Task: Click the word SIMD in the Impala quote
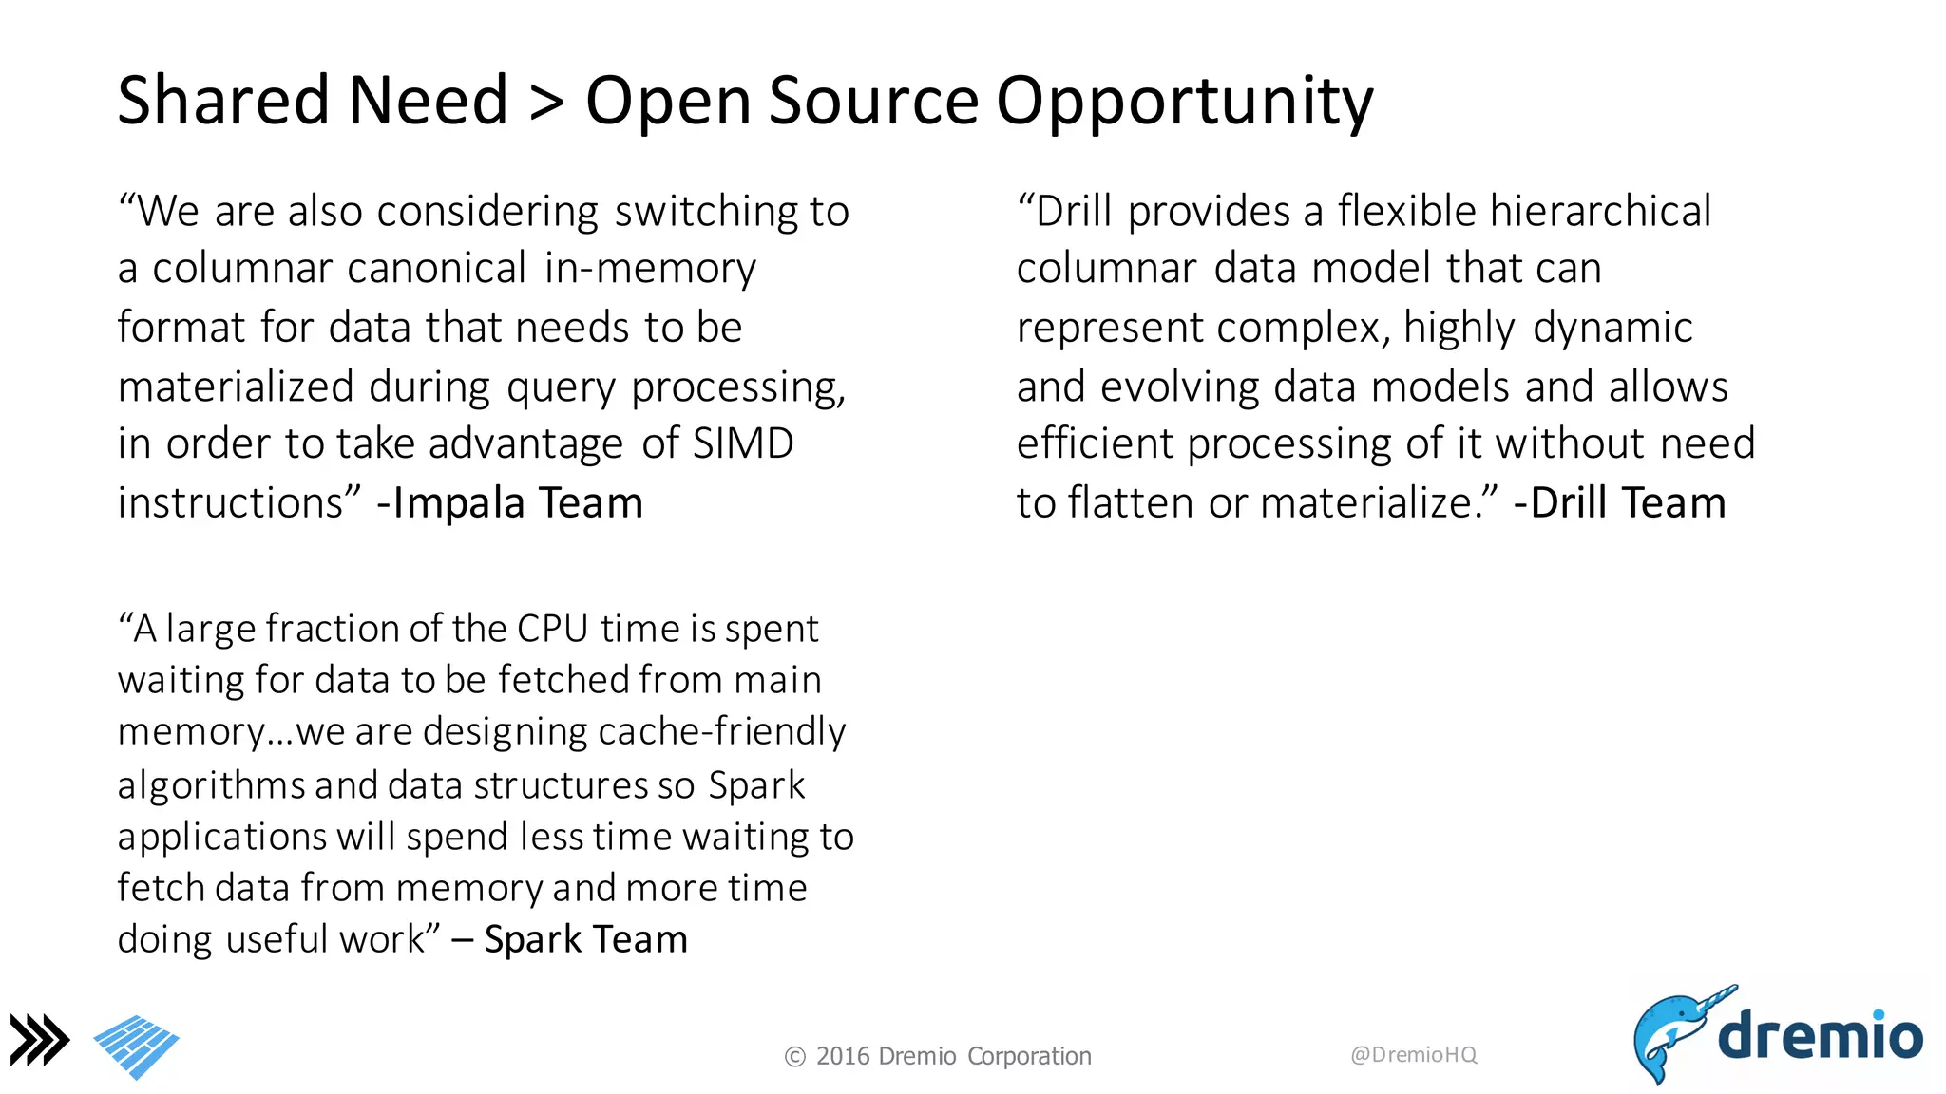[x=743, y=444]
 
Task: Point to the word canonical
[x=434, y=269]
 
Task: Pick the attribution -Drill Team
[x=1619, y=503]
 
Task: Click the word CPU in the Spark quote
[x=552, y=629]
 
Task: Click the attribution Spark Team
[x=585, y=940]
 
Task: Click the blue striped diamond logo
[x=137, y=1046]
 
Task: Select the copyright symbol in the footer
[x=795, y=1057]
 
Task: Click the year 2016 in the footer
[x=843, y=1057]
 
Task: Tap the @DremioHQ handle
[x=1413, y=1055]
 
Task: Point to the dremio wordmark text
[x=1820, y=1035]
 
